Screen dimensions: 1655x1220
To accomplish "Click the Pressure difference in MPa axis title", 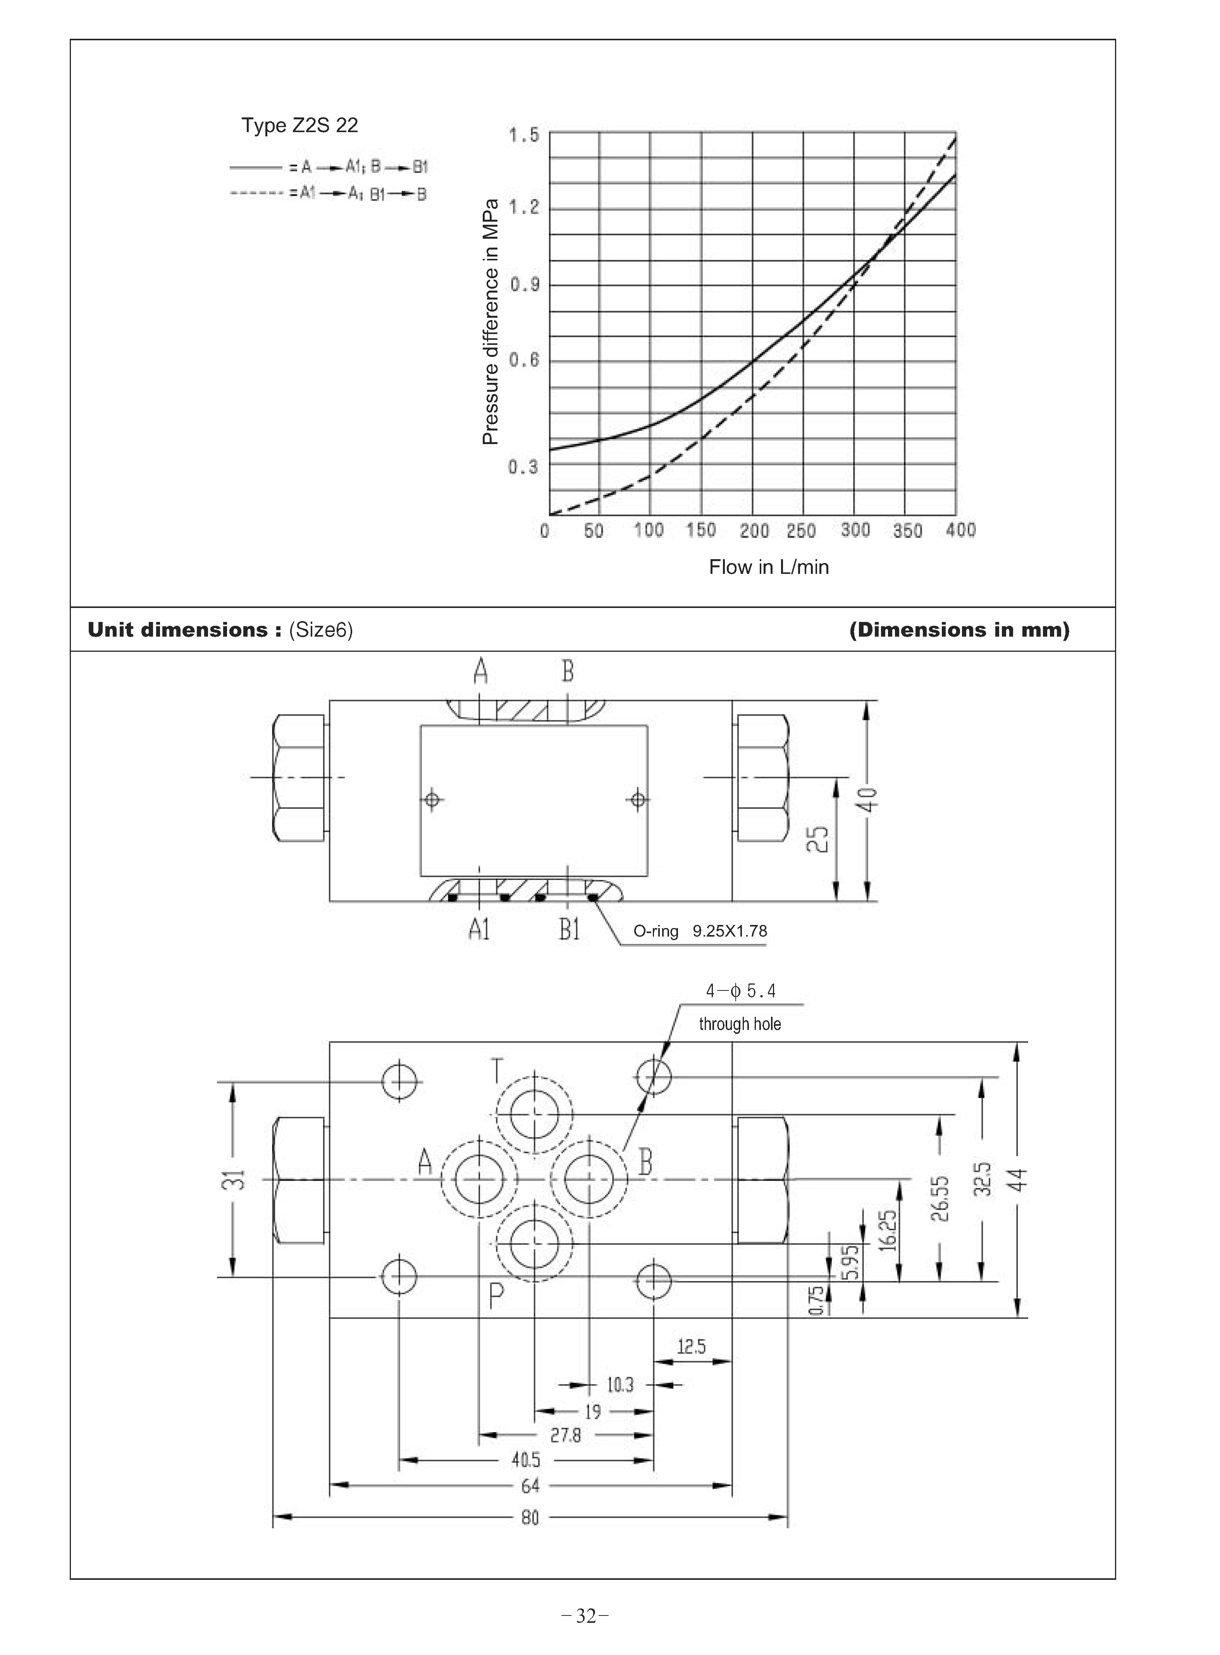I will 490,323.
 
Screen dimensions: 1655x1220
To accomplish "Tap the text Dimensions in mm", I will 958,630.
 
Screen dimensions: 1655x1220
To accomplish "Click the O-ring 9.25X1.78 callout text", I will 699,931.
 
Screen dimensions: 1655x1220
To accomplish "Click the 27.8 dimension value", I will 566,1435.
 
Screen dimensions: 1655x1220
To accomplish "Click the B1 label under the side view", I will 569,930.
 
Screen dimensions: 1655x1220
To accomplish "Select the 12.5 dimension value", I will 691,1347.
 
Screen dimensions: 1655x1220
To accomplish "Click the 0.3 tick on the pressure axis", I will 523,467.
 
